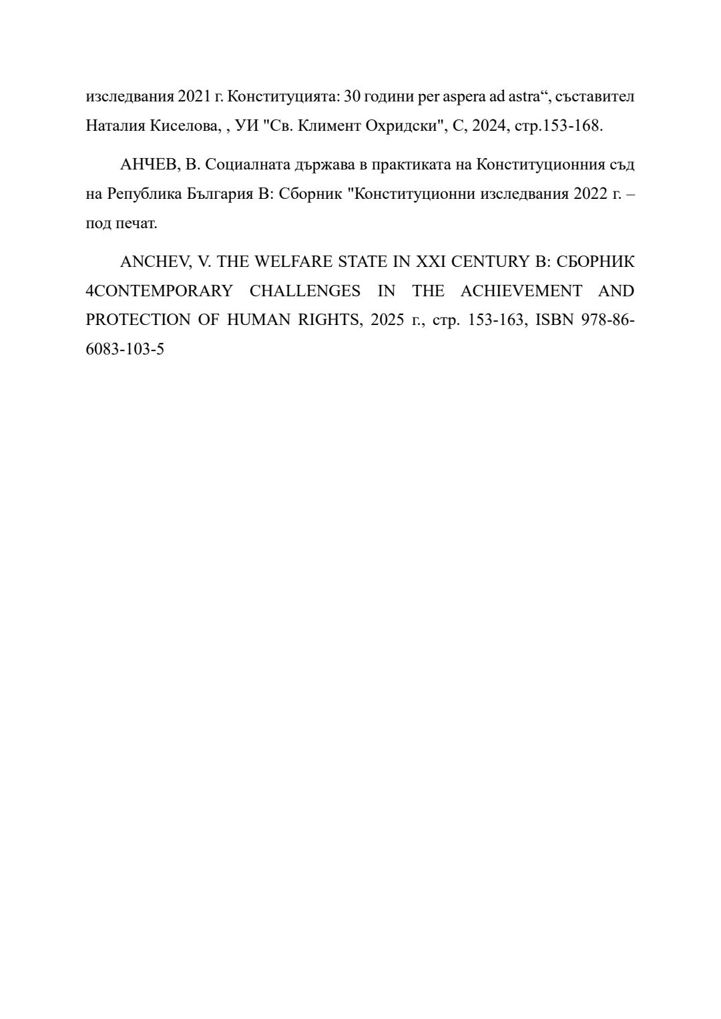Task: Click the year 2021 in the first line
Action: click(194, 96)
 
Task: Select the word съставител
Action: click(595, 96)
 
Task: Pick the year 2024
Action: click(489, 125)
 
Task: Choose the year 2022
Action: click(588, 194)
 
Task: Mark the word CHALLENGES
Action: click(305, 291)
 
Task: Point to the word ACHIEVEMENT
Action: click(521, 291)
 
